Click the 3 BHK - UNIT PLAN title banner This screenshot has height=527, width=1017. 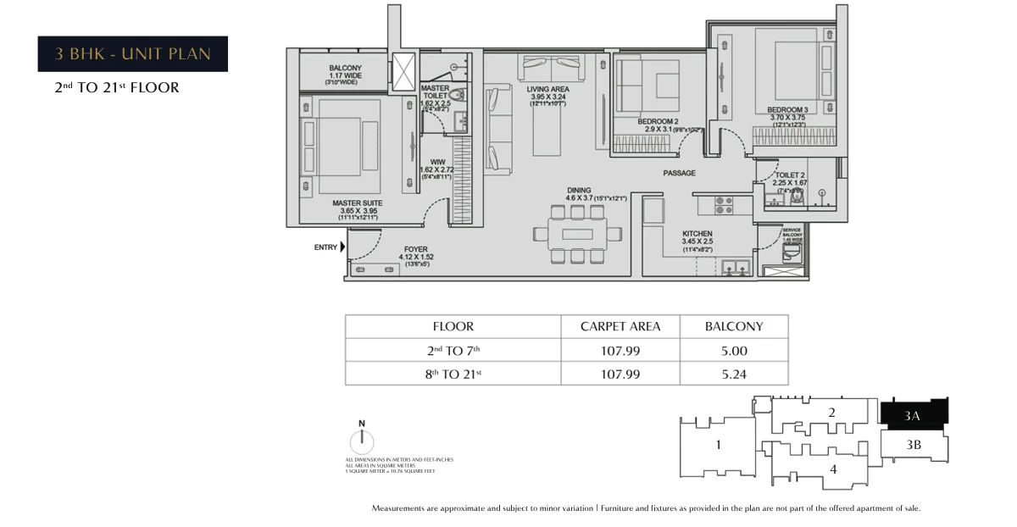(133, 54)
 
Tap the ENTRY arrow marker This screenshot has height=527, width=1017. (342, 247)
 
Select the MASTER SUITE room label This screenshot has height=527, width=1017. (357, 203)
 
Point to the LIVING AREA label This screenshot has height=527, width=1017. (547, 89)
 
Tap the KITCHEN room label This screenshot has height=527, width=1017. (697, 233)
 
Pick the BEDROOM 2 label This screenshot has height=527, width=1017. (658, 121)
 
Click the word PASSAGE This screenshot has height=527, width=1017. (679, 174)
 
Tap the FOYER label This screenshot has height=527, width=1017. (415, 249)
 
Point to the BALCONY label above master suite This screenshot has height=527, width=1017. (345, 69)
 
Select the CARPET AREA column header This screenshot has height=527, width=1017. (620, 326)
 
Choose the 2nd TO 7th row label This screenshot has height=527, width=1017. (453, 350)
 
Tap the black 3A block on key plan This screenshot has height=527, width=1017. (914, 414)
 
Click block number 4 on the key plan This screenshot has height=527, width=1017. (833, 468)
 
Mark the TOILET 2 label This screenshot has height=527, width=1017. (789, 174)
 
